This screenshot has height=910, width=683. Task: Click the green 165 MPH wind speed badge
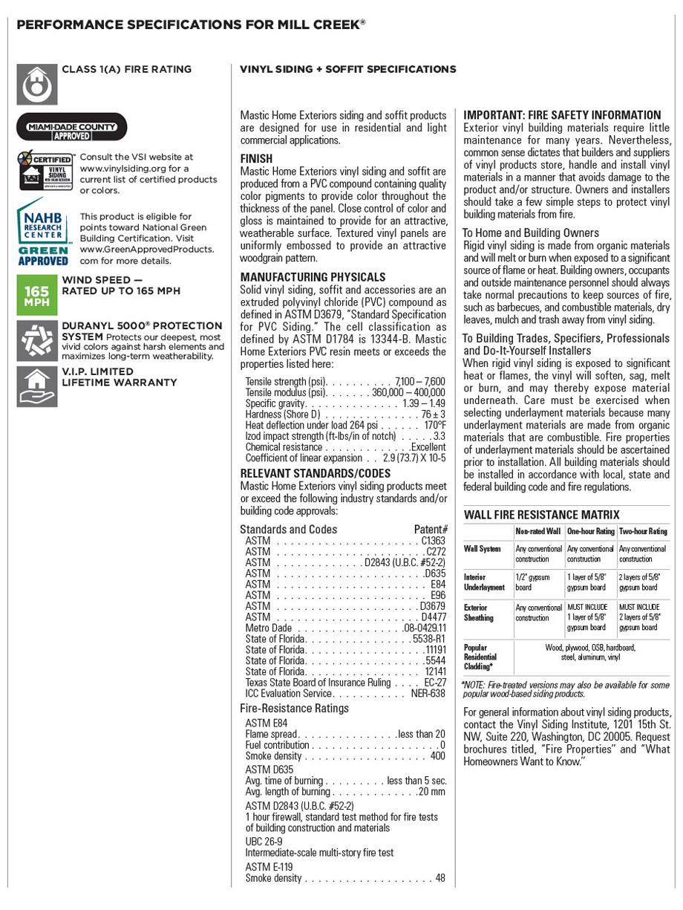click(x=37, y=295)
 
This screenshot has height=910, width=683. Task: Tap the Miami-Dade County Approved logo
click(x=72, y=126)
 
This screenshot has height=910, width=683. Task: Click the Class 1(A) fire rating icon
click(x=37, y=85)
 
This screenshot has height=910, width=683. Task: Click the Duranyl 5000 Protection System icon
click(x=37, y=341)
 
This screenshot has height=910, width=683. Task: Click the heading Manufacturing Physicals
click(x=313, y=277)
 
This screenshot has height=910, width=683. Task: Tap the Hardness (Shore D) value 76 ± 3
click(x=434, y=415)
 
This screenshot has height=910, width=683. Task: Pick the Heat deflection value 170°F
click(x=435, y=426)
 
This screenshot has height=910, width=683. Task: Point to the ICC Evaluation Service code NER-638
click(x=428, y=694)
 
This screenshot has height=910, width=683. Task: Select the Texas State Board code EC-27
click(x=435, y=683)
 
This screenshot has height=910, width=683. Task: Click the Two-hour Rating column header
click(x=643, y=532)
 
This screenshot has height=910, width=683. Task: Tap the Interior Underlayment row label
click(x=484, y=582)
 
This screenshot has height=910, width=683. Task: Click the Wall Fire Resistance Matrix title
click(x=542, y=515)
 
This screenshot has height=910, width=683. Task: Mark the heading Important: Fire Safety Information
click(x=562, y=115)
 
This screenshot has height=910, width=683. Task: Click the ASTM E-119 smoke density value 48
click(x=441, y=878)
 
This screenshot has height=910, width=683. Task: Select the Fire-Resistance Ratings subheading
click(x=294, y=708)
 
